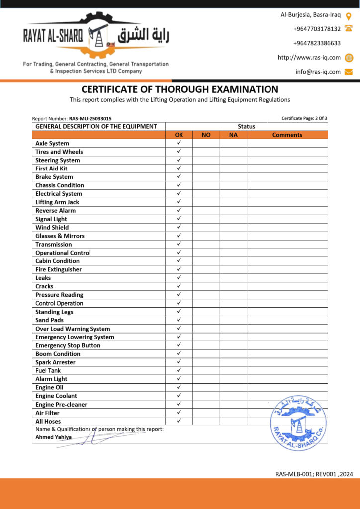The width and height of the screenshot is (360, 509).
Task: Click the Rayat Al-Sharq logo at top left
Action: tap(96, 37)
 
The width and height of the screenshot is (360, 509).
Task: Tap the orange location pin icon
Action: tap(349, 15)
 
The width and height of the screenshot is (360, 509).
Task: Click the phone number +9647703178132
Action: tap(317, 29)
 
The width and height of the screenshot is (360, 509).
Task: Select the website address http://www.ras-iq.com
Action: tap(309, 58)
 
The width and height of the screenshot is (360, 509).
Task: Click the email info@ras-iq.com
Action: tap(318, 72)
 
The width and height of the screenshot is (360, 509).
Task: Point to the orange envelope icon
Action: tap(349, 72)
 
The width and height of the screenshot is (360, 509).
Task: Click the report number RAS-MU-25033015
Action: tap(90, 119)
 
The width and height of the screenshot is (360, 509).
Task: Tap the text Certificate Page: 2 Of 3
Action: tap(304, 118)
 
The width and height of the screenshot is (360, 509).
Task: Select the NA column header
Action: tap(233, 135)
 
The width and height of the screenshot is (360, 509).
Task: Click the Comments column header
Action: tap(287, 135)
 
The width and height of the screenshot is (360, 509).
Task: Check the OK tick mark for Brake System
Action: tap(179, 176)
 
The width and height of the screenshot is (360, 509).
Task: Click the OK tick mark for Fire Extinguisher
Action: tap(179, 269)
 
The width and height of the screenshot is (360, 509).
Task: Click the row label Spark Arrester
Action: tap(56, 362)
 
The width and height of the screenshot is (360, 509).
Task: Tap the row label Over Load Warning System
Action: tap(73, 329)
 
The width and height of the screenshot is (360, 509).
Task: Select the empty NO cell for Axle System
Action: tap(206, 143)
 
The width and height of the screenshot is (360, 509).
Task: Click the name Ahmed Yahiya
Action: tap(53, 437)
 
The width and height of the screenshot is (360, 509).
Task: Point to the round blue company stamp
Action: tap(298, 423)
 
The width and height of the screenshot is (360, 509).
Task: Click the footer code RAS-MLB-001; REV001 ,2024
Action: tap(314, 474)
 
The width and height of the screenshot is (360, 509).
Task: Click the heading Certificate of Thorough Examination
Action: tap(180, 90)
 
